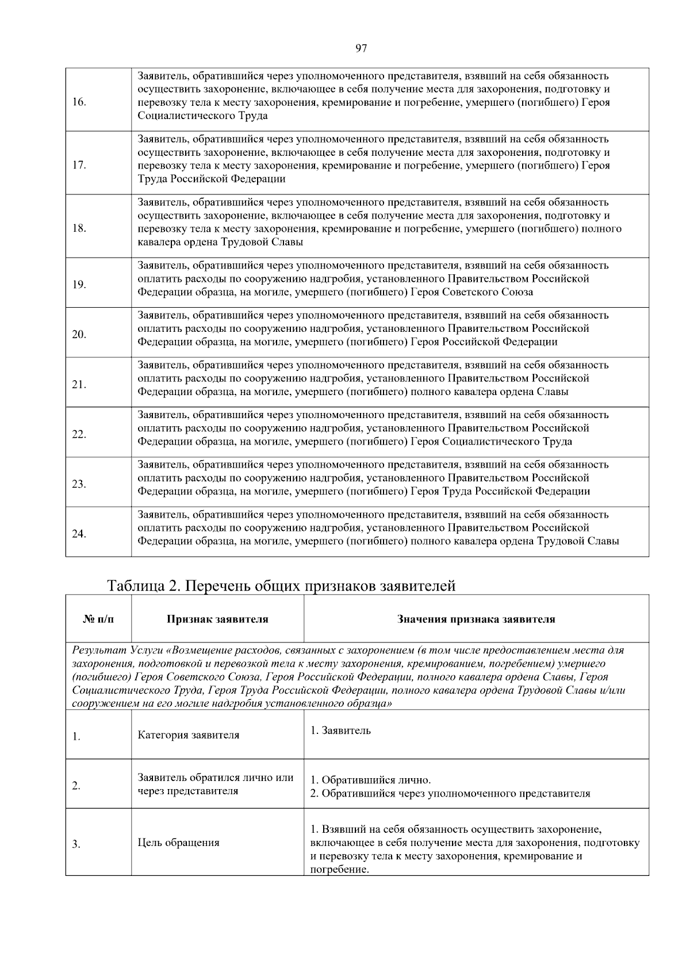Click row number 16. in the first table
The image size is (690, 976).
click(x=79, y=102)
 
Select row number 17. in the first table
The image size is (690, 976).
click(x=79, y=166)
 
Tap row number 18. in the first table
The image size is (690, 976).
click(x=79, y=229)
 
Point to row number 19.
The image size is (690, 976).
click(x=79, y=285)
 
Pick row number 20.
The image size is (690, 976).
click(x=79, y=335)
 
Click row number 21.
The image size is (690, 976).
click(x=79, y=385)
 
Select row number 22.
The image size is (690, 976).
click(x=79, y=434)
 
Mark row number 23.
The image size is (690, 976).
click(x=79, y=484)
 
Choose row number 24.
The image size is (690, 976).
click(x=79, y=534)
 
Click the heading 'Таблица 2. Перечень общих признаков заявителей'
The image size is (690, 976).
click(x=281, y=586)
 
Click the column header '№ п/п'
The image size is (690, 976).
click(x=98, y=619)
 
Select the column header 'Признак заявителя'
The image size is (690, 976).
click(x=217, y=619)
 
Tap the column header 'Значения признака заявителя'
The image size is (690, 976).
click(x=476, y=619)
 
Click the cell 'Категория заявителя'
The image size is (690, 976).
click(x=189, y=735)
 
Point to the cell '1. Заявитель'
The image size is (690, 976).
click(x=340, y=730)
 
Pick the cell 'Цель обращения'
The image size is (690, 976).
click(x=178, y=843)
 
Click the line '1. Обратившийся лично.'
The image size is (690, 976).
click(x=370, y=780)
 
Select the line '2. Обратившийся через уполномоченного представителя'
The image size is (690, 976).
click(x=450, y=794)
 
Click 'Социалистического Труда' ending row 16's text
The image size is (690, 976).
click(x=202, y=116)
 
